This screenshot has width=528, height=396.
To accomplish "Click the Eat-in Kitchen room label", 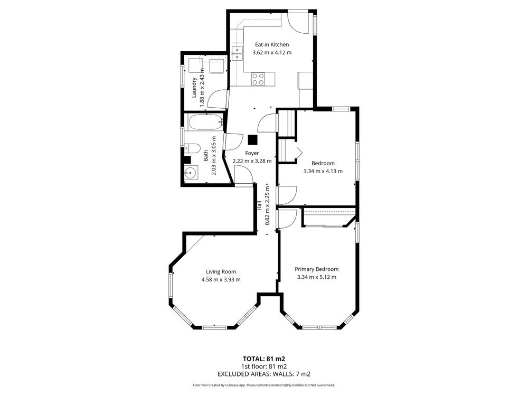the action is point(272,44).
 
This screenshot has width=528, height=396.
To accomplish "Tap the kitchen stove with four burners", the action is point(258,79).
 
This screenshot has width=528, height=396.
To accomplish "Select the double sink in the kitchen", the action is point(237,53).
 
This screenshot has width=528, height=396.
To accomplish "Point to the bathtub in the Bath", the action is point(205,122).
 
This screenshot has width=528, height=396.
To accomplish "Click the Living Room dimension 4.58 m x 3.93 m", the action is point(221,279).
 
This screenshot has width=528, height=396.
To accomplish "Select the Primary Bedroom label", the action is point(316,269).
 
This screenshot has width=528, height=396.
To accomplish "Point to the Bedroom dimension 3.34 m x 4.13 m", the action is point(323,171).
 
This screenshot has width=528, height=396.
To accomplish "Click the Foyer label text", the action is point(252,153).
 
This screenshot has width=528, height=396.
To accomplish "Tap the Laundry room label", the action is point(194,88).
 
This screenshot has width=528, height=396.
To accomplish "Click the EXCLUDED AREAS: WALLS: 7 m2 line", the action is point(263,374).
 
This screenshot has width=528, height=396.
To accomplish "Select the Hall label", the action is point(259,206).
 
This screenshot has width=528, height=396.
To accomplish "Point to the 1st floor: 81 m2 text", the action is point(263,366).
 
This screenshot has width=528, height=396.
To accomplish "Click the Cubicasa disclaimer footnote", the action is point(263,385).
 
